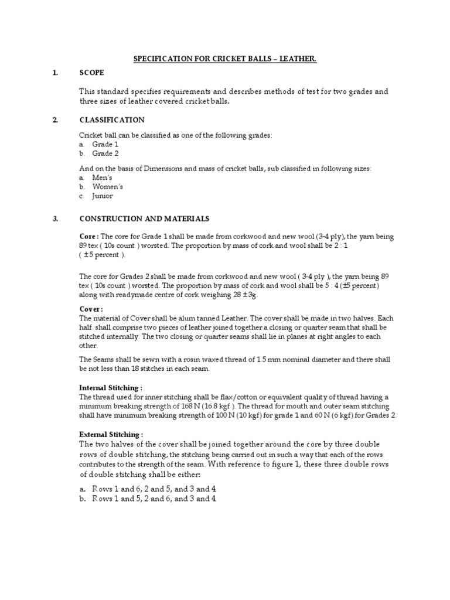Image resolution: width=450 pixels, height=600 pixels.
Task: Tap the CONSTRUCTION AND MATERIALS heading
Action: point(144,219)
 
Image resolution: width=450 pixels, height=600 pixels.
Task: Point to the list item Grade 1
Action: point(105,144)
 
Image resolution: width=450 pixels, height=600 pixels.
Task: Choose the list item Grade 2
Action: point(105,154)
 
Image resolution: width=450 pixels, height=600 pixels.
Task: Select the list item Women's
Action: point(107,186)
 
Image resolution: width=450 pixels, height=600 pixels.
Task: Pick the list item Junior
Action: point(103,196)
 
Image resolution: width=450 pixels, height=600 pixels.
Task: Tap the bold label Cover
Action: point(91,309)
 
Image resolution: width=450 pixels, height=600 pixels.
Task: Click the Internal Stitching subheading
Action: point(111,388)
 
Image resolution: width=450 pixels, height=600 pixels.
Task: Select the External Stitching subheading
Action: point(111,435)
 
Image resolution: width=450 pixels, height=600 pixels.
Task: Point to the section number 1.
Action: point(55,73)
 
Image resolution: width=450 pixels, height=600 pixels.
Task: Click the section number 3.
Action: point(55,219)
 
